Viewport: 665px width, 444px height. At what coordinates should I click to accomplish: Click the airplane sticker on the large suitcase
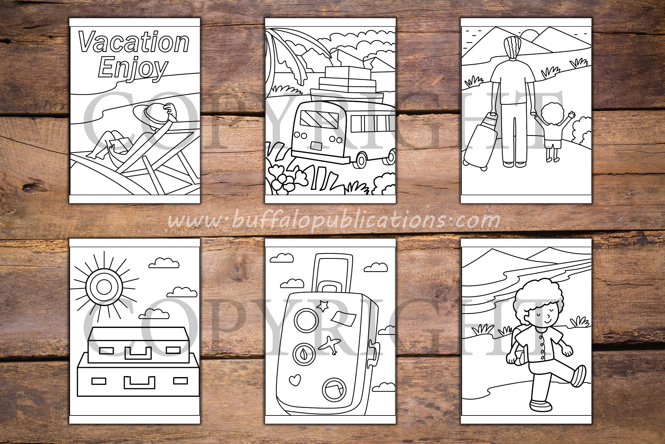click(330, 345)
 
